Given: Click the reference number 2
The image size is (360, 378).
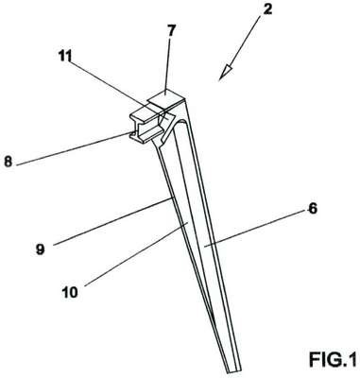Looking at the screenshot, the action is click(x=267, y=9).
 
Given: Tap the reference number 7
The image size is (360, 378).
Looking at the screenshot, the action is click(x=171, y=32).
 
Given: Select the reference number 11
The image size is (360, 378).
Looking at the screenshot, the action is click(x=65, y=57).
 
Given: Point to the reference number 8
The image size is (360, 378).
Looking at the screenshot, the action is click(x=9, y=163).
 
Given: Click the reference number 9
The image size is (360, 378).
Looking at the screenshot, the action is click(x=40, y=249).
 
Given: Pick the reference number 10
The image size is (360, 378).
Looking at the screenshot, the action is click(x=70, y=293).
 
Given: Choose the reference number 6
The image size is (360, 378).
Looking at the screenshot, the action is click(x=312, y=209).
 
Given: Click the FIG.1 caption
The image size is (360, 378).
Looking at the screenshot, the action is click(x=333, y=359).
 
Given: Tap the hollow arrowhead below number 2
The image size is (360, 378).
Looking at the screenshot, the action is click(x=226, y=71).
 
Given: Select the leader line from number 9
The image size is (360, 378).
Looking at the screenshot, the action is click(x=113, y=221).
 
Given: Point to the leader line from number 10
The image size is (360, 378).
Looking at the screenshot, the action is click(x=136, y=254).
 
